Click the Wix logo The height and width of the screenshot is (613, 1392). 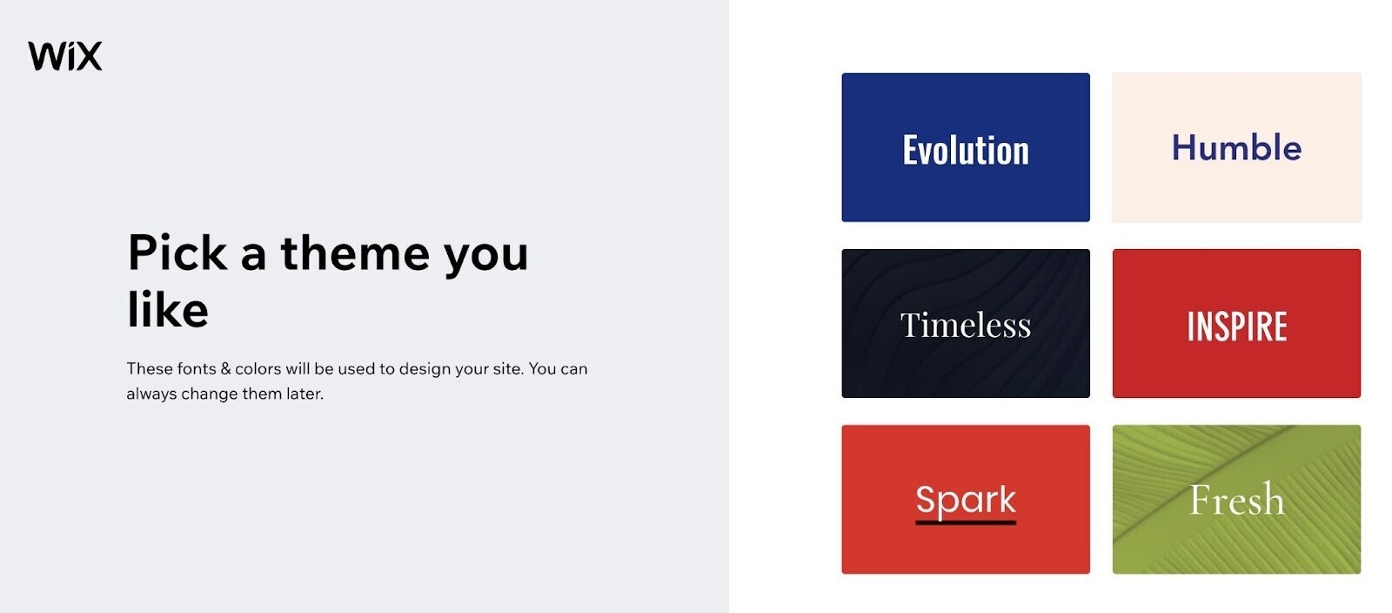point(65,56)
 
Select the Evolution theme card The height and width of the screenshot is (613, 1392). point(965,147)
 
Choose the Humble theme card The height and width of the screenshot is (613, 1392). point(1236,147)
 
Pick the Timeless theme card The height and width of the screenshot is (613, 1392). point(965,324)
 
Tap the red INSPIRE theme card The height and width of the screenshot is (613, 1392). point(1236,324)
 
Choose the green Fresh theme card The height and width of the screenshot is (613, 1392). point(1236,499)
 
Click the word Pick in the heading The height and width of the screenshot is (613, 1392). point(177,253)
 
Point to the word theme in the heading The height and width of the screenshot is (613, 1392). point(355,253)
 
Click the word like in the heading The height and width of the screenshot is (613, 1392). point(168,310)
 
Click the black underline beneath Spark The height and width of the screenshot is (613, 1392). point(965,522)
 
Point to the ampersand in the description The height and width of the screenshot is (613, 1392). point(225,369)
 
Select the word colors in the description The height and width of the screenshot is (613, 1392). point(258,369)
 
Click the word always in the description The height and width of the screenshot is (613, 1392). point(151,394)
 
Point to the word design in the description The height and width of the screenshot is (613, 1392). point(425,369)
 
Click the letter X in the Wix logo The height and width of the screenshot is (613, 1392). point(88,57)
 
